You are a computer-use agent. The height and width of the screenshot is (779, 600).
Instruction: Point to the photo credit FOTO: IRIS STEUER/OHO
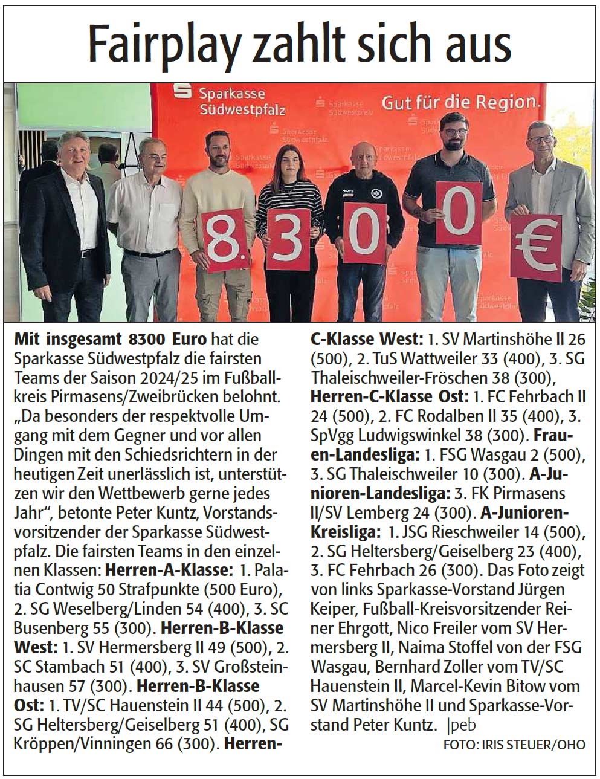[514, 745]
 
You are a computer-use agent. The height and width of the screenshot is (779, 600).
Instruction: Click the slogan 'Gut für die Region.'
[460, 102]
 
